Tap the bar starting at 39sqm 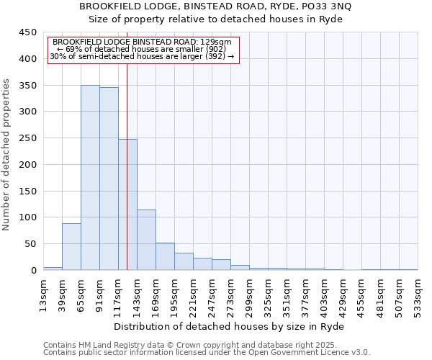tap(71, 246)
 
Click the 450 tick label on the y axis tap(27, 32)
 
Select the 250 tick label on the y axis tap(27, 138)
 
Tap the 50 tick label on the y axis tap(30, 244)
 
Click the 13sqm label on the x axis tap(44, 293)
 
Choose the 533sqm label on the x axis tap(418, 293)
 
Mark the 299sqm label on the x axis tap(250, 293)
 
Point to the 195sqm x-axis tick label tap(175, 293)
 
